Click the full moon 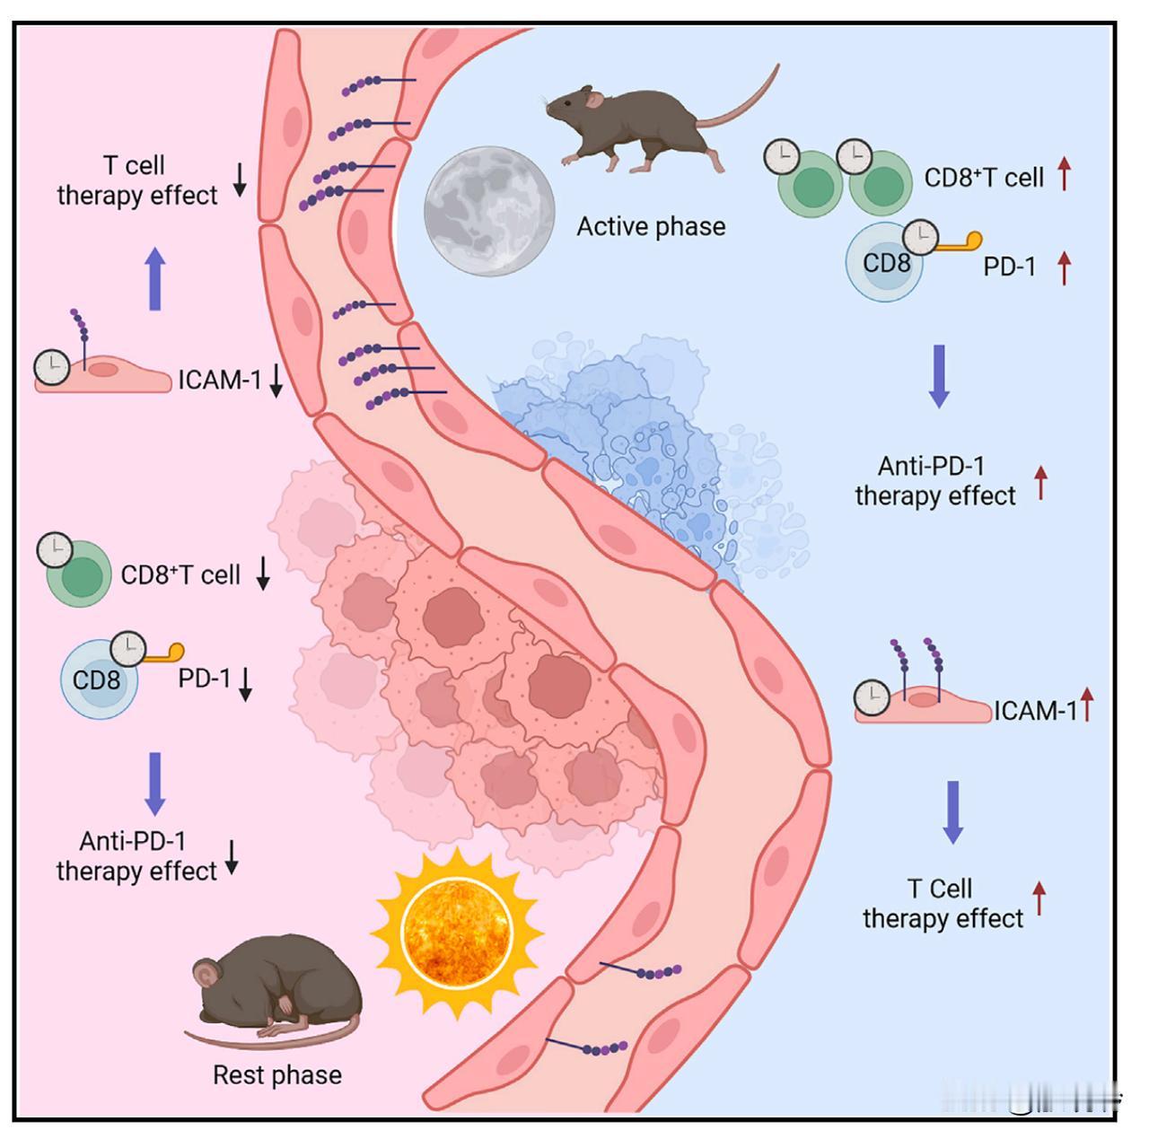[x=489, y=211]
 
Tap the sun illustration [x=457, y=933]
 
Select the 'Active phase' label [x=651, y=226]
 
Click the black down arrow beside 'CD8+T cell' [x=263, y=574]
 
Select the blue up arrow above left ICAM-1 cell [x=155, y=278]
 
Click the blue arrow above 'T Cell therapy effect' [x=952, y=812]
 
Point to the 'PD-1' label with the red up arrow [x=1010, y=266]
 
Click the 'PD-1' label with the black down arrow [x=204, y=678]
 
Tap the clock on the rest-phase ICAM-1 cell [x=52, y=367]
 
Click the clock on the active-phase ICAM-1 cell [x=872, y=697]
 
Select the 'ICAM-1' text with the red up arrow [x=1036, y=711]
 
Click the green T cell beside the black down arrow [x=79, y=574]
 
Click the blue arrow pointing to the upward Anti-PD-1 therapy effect [x=939, y=376]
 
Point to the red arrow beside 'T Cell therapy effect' [x=1039, y=898]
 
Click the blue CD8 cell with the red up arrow [x=883, y=262]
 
